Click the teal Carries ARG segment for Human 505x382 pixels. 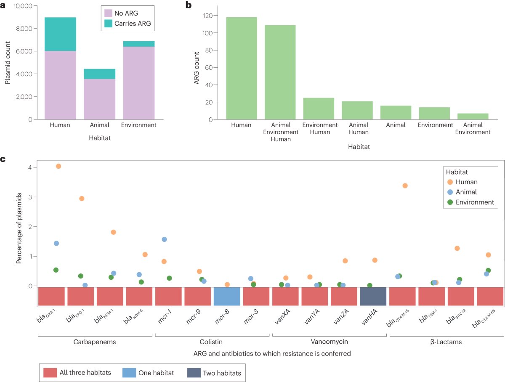pyautogui.click(x=60, y=34)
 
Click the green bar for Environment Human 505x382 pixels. pyautogui.click(x=319, y=109)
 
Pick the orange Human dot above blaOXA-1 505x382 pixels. pyautogui.click(x=58, y=166)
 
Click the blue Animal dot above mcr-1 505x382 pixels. pyautogui.click(x=164, y=239)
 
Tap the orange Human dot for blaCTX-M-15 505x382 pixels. pyautogui.click(x=405, y=186)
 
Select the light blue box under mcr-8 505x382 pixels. pyautogui.click(x=227, y=296)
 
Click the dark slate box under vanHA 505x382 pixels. pyautogui.click(x=373, y=296)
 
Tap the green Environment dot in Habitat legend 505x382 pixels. pyautogui.click(x=450, y=202)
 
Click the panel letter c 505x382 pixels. pyautogui.click(x=3, y=159)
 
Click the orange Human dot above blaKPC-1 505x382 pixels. pyautogui.click(x=82, y=199)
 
